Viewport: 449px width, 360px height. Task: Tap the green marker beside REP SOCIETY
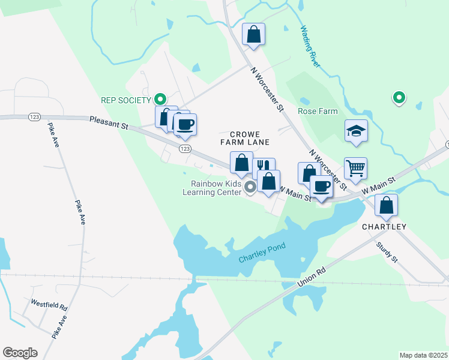coord(160,99)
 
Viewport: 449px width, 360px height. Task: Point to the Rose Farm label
coord(318,111)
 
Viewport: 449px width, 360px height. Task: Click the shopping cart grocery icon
coord(355,169)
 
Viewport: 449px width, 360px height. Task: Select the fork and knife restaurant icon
coord(264,166)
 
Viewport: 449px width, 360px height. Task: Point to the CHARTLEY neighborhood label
coord(384,227)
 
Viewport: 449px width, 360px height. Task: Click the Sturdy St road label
coord(387,253)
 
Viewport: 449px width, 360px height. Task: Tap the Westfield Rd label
coord(49,305)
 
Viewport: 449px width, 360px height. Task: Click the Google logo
coord(20,353)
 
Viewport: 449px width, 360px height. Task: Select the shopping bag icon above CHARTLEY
coord(387,205)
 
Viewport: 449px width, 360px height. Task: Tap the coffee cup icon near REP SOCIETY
coord(185,124)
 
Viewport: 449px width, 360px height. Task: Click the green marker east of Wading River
coord(398,97)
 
